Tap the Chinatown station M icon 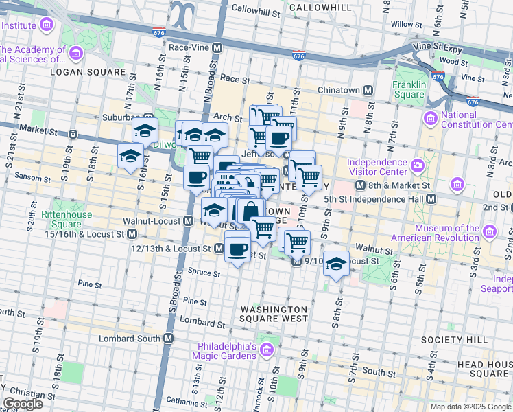pyautogui.click(x=368, y=91)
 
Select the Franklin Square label pyautogui.click(x=409, y=89)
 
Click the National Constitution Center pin pyautogui.click(x=430, y=118)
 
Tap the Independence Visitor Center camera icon pyautogui.click(x=418, y=165)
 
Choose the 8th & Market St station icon pyautogui.click(x=360, y=185)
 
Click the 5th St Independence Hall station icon pyautogui.click(x=431, y=198)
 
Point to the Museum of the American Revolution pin pyautogui.click(x=489, y=231)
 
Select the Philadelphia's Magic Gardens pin pyautogui.click(x=266, y=351)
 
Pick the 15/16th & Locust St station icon pyautogui.click(x=139, y=234)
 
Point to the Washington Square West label pyautogui.click(x=274, y=314)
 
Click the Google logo pyautogui.click(x=22, y=404)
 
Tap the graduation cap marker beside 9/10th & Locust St pyautogui.click(x=335, y=264)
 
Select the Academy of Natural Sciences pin pyautogui.click(x=75, y=53)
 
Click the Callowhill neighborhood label pyautogui.click(x=316, y=7)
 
